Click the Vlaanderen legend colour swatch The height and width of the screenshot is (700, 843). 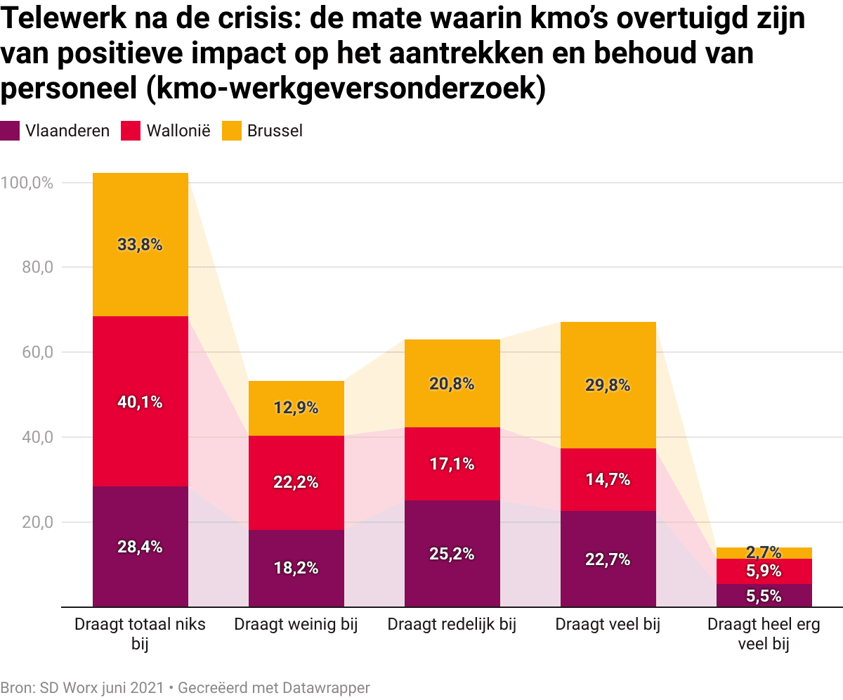[10, 131]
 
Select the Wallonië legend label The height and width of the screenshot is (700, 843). [177, 131]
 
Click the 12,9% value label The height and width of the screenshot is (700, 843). [296, 408]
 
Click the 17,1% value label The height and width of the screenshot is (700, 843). [452, 464]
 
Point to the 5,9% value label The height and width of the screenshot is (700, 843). [764, 571]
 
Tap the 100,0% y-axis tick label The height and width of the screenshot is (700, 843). [27, 183]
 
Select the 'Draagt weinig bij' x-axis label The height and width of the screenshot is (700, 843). [296, 625]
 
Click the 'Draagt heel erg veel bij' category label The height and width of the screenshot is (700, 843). [764, 634]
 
